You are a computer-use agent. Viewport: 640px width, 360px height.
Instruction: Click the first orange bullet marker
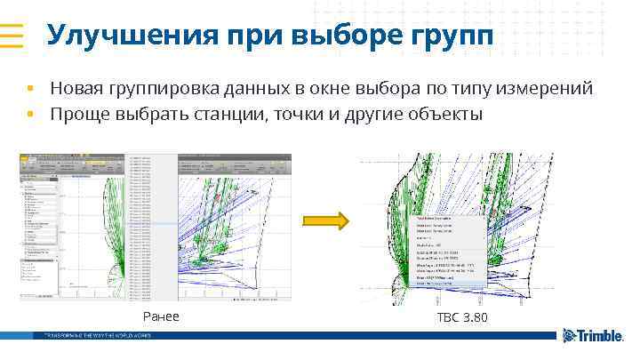point(29,89)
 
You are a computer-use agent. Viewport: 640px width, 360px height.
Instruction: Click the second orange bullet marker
point(29,115)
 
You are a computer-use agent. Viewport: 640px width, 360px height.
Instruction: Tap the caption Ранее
point(160,317)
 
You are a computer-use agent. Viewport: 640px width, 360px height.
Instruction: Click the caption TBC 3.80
point(461,317)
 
